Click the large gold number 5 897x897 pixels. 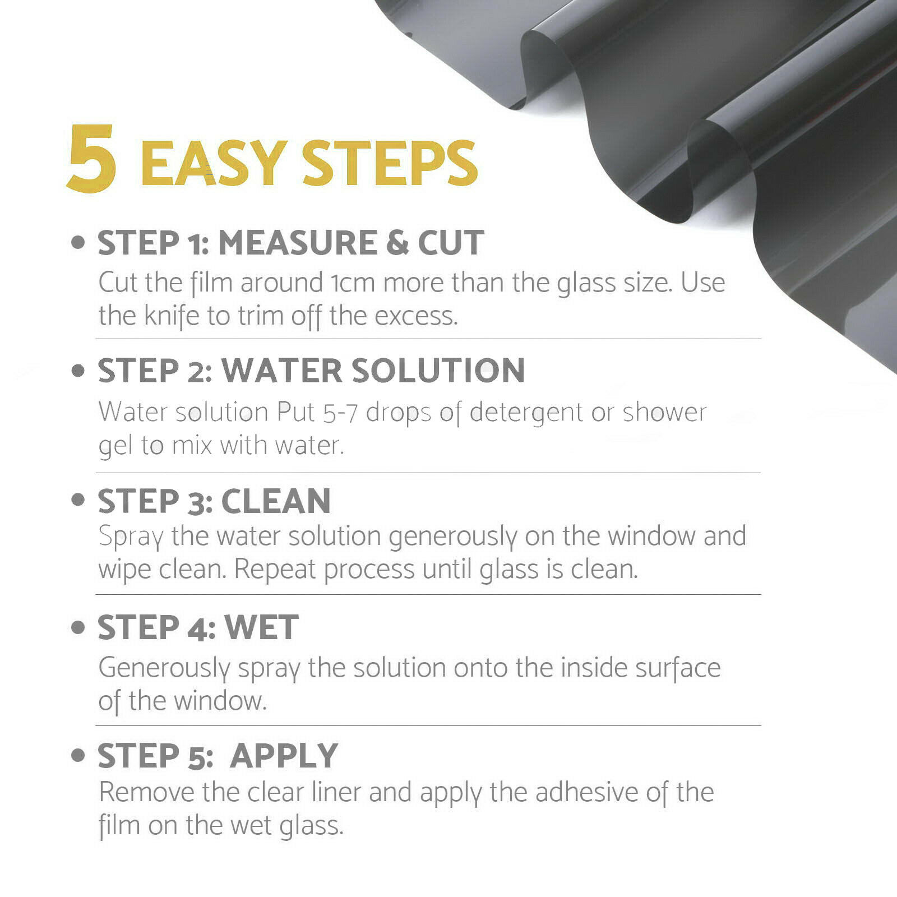(92, 158)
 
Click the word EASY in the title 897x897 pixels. (214, 163)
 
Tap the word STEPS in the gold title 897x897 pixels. (390, 163)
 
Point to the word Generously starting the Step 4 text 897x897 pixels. (164, 668)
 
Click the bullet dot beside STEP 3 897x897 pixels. (78, 500)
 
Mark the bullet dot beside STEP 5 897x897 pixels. (78, 755)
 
